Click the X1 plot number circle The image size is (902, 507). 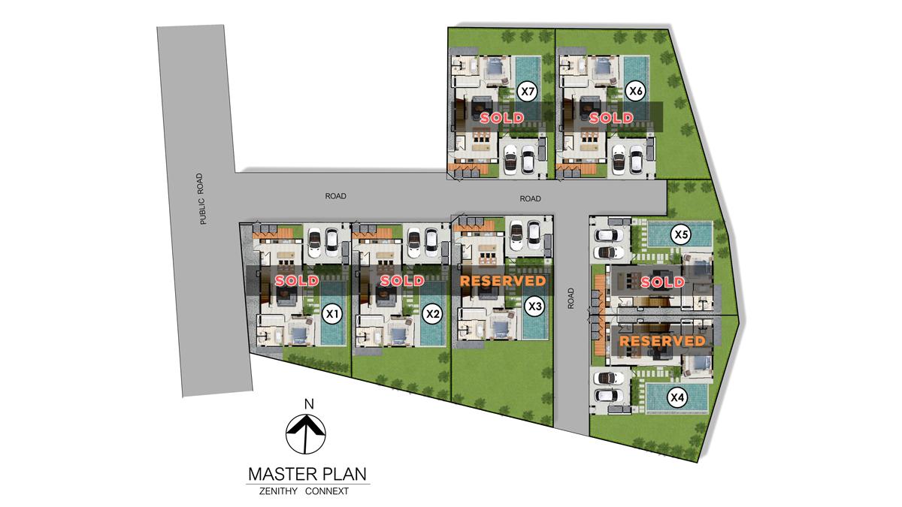point(331,313)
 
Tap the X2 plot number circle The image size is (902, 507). point(431,313)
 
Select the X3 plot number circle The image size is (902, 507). point(534,306)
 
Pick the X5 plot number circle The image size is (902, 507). point(681,234)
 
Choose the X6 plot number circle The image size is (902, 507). point(636,92)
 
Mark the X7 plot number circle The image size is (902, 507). point(528,92)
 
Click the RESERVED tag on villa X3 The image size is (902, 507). point(502,280)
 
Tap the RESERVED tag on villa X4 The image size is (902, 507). point(662,340)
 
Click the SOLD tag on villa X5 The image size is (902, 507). point(662,282)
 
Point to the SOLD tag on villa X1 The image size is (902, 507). point(297,280)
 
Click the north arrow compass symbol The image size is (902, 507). point(307,434)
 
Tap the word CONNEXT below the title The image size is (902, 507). point(337,493)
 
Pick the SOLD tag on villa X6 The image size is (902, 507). point(610,118)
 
